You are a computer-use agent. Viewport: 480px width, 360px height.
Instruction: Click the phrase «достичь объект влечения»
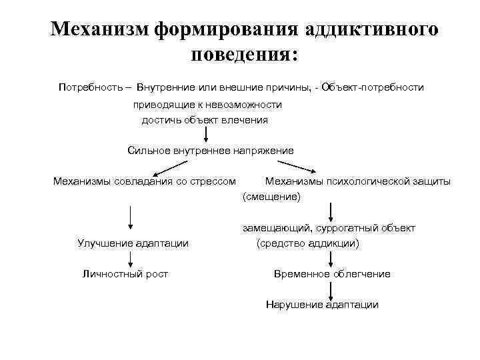205,120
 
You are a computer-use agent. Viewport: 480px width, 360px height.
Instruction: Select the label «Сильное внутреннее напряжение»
210,150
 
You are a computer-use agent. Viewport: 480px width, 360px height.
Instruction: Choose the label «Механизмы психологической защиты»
357,181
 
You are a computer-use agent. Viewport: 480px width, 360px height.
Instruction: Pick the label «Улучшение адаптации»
133,243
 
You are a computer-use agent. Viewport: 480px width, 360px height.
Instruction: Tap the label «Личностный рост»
125,273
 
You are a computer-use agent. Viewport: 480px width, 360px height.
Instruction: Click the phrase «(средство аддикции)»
307,243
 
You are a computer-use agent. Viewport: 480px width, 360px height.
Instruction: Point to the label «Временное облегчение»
332,274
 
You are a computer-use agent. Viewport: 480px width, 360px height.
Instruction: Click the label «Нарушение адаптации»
322,305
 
